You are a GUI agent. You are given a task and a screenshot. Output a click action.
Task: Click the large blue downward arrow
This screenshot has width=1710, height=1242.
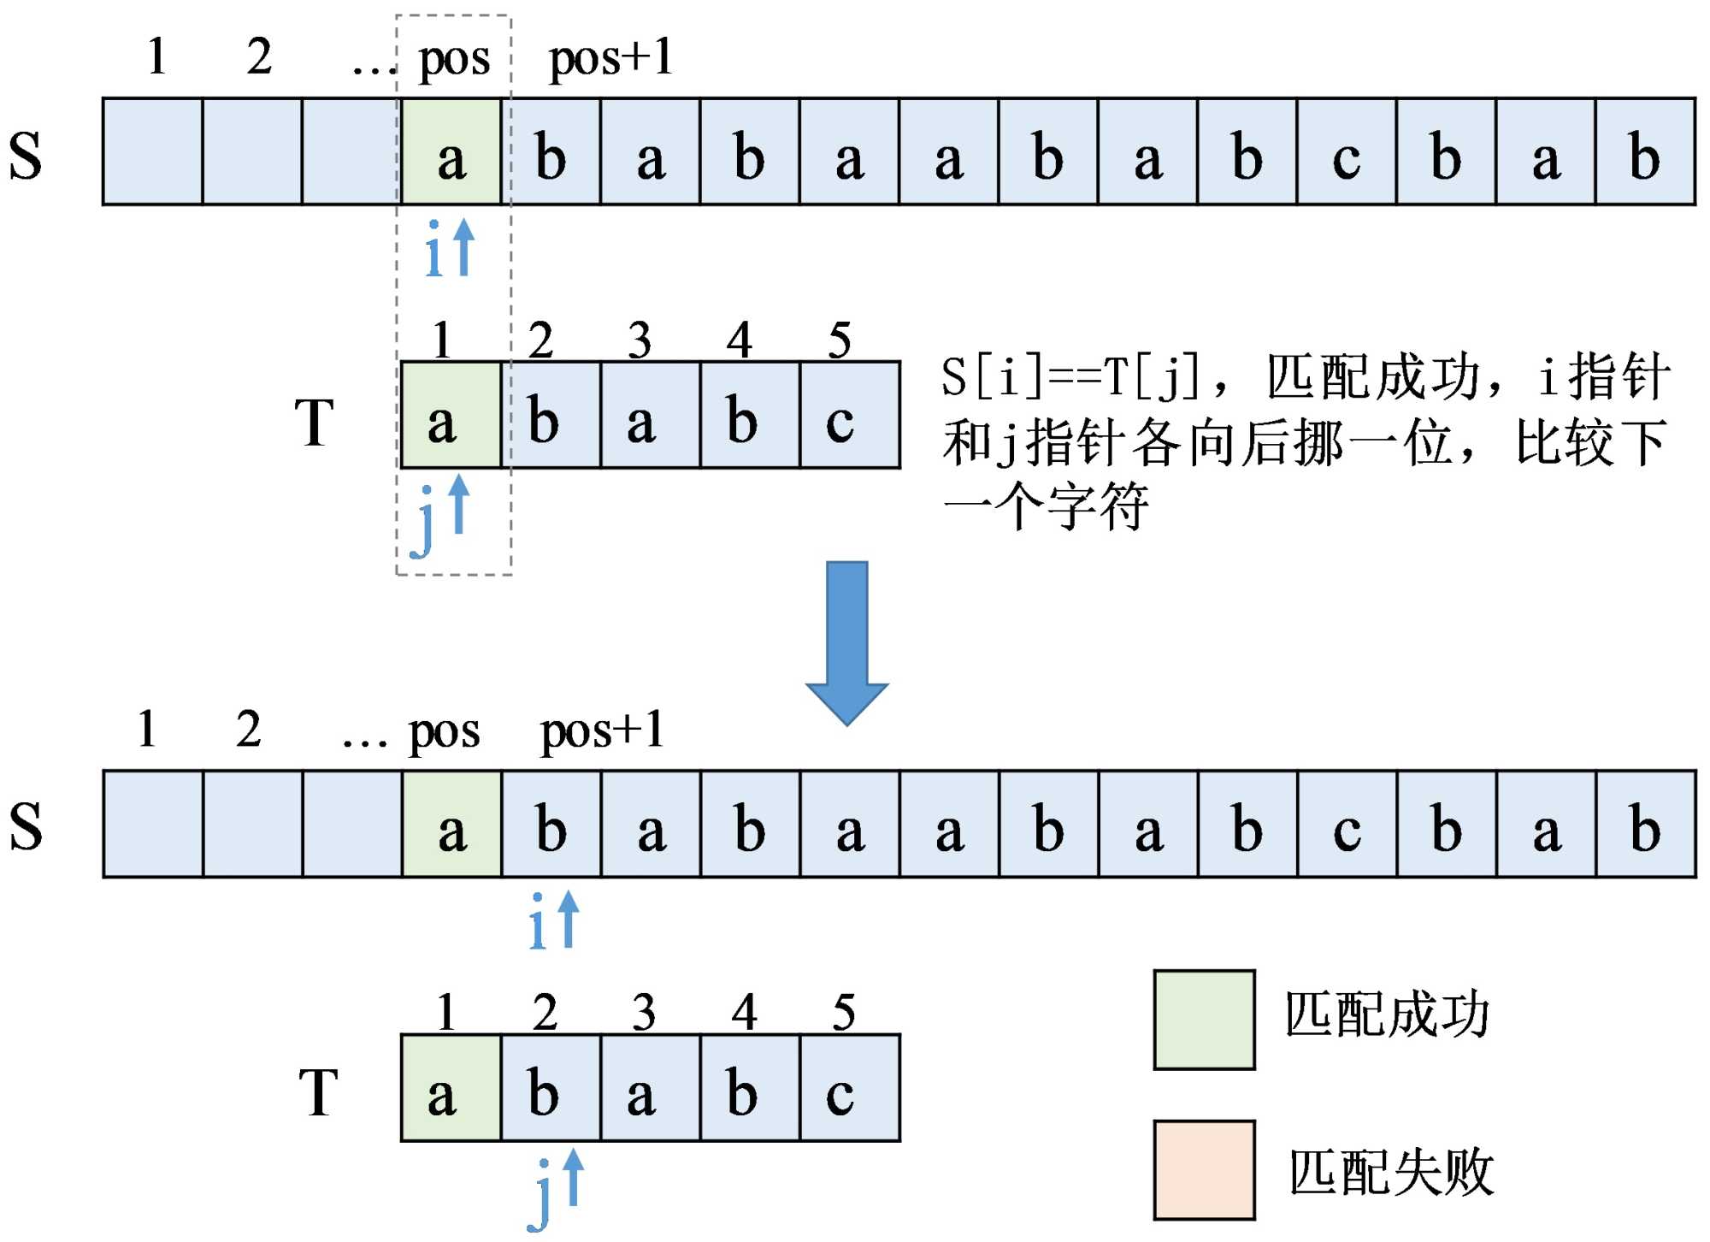click(x=846, y=642)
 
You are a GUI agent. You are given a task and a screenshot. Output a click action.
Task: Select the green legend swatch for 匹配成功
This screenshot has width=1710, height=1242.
click(x=1204, y=1020)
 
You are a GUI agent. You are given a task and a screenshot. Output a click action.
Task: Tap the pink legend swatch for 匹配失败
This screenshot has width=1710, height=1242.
click(x=1204, y=1169)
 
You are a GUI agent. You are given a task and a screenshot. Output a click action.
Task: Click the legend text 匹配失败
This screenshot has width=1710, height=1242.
click(x=1391, y=1173)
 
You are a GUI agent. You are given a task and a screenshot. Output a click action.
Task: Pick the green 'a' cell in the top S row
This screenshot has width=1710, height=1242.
click(x=451, y=152)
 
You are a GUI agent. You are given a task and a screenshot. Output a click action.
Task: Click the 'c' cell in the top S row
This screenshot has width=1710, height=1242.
click(x=1346, y=152)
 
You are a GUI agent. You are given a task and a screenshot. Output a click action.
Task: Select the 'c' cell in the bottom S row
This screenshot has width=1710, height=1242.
click(x=1347, y=825)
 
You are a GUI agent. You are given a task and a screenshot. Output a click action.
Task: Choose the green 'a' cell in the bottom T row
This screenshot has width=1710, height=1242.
click(x=451, y=1088)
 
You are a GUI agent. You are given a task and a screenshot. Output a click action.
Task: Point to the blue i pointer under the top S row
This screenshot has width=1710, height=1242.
click(x=449, y=248)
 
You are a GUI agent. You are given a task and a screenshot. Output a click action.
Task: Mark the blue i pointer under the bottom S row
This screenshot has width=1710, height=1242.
click(x=553, y=920)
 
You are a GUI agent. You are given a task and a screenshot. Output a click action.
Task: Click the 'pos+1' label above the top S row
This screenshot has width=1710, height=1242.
click(x=610, y=58)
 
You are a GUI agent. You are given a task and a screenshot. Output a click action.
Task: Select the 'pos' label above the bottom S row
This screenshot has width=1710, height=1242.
click(x=444, y=731)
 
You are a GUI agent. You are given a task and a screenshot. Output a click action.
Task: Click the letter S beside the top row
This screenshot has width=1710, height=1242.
click(x=26, y=156)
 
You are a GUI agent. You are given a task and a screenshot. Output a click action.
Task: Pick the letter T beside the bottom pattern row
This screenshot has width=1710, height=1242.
click(x=319, y=1093)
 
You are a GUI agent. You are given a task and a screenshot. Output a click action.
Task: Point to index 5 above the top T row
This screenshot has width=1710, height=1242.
click(x=840, y=340)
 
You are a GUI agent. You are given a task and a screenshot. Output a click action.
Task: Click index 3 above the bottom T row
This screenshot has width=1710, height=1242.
click(x=644, y=1012)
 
